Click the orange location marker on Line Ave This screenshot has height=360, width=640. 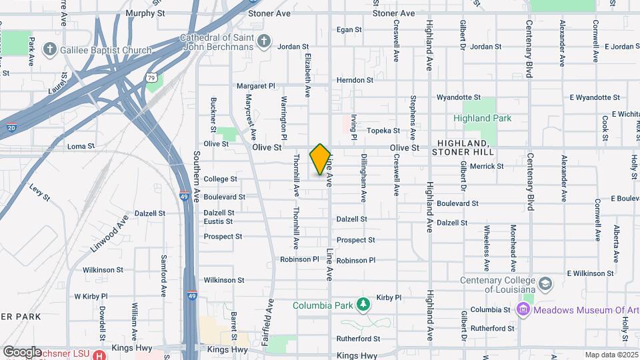point(321,159)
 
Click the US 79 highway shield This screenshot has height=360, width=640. point(152,79)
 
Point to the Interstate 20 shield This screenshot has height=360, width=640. point(12,127)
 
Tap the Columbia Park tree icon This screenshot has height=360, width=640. point(363,305)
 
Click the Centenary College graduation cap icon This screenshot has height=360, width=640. point(545,284)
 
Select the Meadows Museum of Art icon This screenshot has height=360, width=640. point(523,309)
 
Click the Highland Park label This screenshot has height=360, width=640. point(482,118)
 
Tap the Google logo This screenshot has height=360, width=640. point(22,351)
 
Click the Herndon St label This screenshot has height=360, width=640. point(355,80)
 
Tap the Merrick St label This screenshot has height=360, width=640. point(487,166)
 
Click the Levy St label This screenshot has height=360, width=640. point(39,192)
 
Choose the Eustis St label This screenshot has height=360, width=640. point(218,221)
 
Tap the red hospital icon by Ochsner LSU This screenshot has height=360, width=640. point(99,355)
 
